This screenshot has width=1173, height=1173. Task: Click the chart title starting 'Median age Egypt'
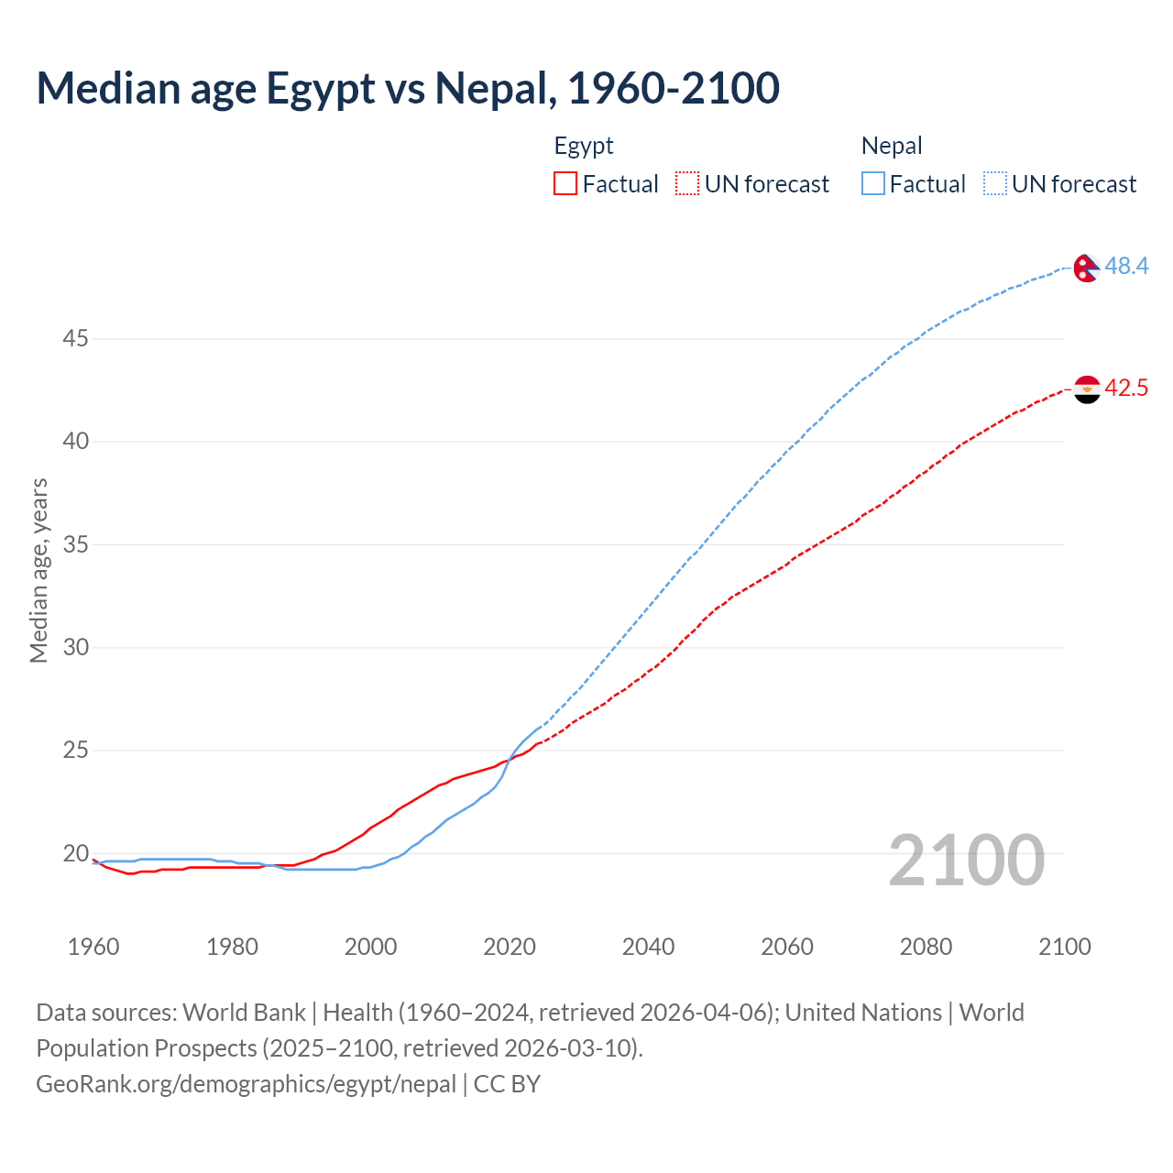point(408,89)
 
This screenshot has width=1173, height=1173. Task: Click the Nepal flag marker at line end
point(1086,268)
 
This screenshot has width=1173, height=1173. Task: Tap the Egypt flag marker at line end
point(1086,389)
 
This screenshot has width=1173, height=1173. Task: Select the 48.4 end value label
point(1126,267)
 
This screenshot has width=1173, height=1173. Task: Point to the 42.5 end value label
point(1126,389)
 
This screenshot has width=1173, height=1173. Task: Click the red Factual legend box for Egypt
point(565,184)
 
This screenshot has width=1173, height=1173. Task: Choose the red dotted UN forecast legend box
point(687,184)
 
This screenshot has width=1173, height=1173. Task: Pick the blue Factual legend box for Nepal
point(873,184)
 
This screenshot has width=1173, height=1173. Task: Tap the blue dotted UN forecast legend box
point(995,184)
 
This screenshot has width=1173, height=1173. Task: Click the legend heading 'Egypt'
point(584,147)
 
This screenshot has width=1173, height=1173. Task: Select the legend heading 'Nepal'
point(892,147)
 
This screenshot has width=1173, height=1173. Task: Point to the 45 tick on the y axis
point(75,339)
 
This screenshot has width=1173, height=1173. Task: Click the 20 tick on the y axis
point(75,854)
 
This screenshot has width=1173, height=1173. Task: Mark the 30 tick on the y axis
point(75,648)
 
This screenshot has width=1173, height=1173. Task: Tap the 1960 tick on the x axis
point(93,947)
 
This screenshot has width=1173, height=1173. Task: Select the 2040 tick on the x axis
point(648,947)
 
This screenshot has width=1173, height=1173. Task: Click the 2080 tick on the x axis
point(926,947)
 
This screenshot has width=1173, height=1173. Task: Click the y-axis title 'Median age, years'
point(38,570)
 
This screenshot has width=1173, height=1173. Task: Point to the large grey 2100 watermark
point(966,861)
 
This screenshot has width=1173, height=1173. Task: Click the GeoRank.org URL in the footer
point(246,1084)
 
